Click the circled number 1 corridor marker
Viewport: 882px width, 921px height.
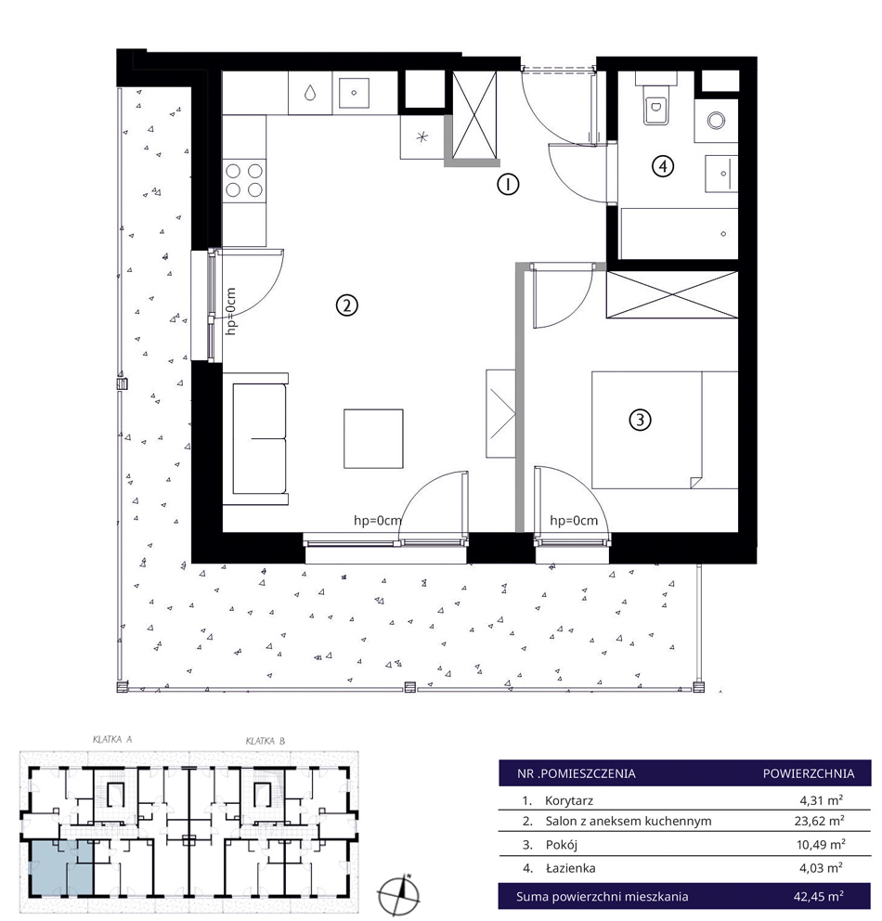(508, 185)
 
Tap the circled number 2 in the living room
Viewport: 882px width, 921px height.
(346, 305)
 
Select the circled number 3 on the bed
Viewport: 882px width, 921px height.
(640, 420)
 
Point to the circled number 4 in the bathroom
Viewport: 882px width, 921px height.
(662, 166)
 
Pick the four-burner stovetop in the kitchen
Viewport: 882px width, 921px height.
(244, 180)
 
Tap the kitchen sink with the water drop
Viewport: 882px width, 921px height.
(310, 93)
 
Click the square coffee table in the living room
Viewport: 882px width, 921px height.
(373, 438)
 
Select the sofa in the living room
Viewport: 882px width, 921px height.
(256, 438)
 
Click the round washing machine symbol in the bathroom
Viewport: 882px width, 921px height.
(716, 121)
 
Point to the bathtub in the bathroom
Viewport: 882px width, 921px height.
(679, 233)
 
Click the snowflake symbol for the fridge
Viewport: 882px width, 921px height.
(422, 137)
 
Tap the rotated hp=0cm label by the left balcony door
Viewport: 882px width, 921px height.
(231, 311)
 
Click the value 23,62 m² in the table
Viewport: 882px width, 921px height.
(819, 821)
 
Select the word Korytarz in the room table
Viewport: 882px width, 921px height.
(569, 800)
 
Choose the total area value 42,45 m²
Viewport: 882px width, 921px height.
(819, 896)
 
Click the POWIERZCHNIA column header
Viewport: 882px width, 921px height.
(809, 773)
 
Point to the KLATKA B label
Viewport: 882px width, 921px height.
(266, 741)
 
